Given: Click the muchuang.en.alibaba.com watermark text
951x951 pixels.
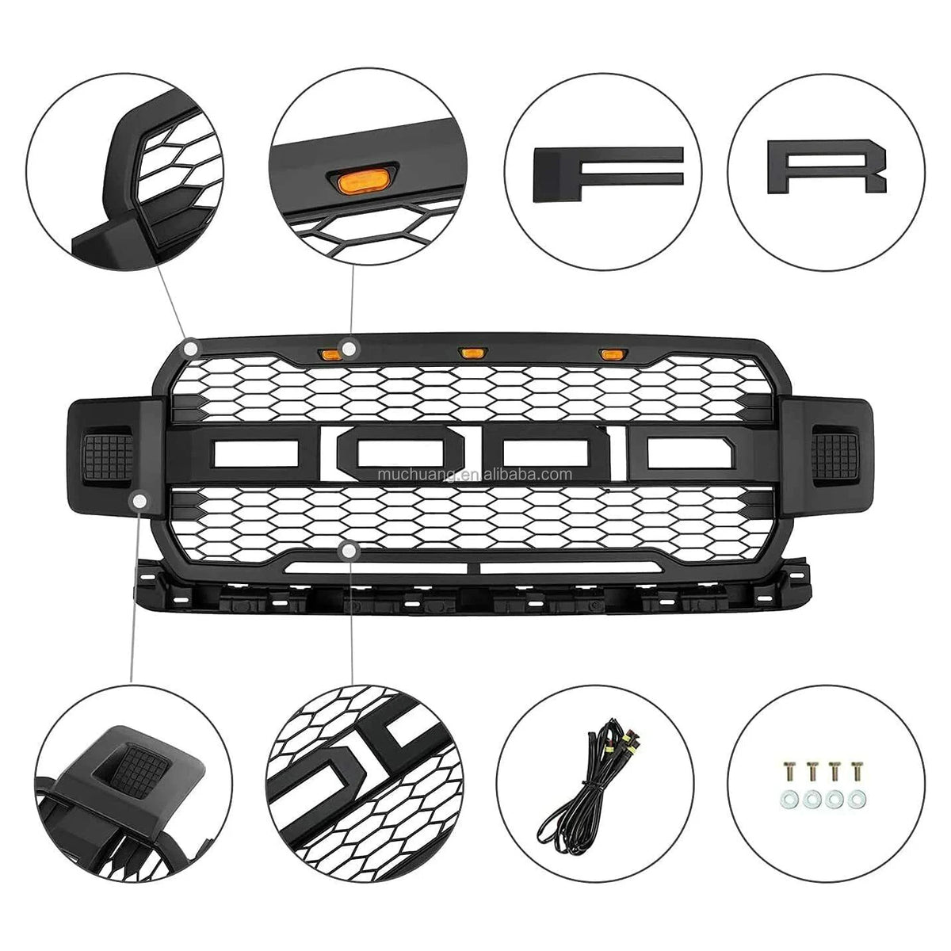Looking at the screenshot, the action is point(475,474).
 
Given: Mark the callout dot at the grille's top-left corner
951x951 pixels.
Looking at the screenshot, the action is point(192,349).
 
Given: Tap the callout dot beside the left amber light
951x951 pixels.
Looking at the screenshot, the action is point(349,349).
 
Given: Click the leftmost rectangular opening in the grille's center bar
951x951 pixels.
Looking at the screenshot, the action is point(256,453).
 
